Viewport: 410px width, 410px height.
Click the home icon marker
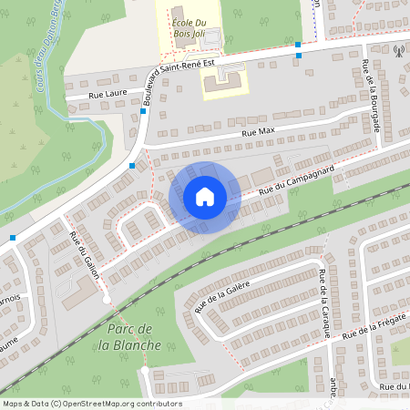point(205,197)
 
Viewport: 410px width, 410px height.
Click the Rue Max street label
point(259,133)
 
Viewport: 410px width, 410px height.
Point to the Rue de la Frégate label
point(374,330)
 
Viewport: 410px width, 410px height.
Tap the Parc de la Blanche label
point(133,337)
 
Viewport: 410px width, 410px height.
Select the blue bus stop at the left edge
point(13,237)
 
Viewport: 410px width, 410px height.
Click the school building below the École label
point(222,81)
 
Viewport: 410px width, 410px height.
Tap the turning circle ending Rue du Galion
point(106,299)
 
